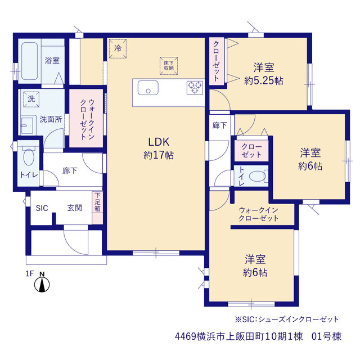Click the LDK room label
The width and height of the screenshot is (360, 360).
point(159,142)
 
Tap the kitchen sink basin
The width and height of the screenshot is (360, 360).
point(148,88)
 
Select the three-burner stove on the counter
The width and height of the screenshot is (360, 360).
point(195,88)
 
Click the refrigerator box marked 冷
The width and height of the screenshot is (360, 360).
point(118,49)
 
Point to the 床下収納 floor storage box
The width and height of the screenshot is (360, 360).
point(169,66)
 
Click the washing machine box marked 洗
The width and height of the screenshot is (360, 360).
point(31,99)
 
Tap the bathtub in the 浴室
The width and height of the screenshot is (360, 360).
point(30,61)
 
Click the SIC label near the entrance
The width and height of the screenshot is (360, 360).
point(42,208)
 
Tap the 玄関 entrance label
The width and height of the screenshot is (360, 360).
point(75,208)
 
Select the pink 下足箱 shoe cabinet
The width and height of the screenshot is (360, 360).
point(97,208)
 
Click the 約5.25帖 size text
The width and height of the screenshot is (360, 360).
point(264,80)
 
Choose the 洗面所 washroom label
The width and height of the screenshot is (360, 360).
point(51,119)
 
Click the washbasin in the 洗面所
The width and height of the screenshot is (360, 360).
point(27,126)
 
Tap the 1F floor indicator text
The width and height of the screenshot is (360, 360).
point(30,273)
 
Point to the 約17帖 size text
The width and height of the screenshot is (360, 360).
point(159,155)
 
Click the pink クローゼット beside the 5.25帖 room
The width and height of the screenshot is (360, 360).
point(217,61)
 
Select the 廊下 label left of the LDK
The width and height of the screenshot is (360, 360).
point(70,171)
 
